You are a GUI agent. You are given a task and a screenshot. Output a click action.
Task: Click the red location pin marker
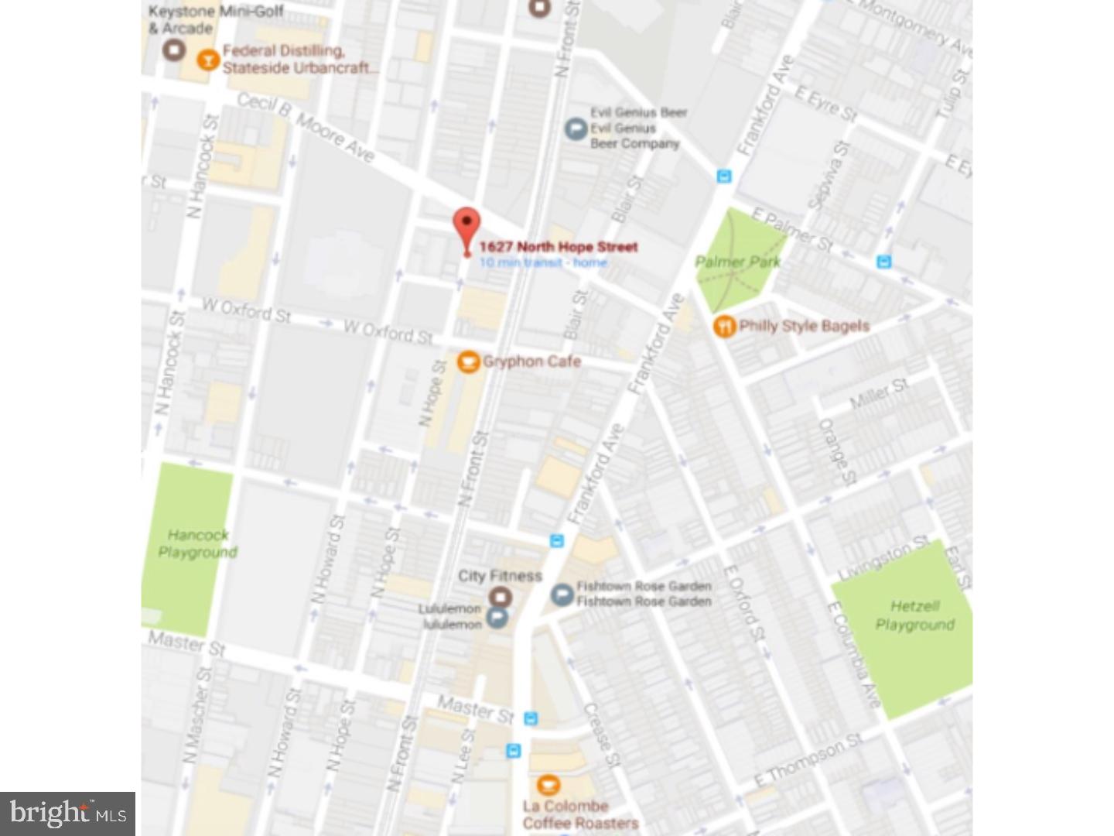[x=466, y=227]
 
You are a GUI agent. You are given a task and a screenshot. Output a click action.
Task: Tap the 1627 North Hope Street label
[x=558, y=247]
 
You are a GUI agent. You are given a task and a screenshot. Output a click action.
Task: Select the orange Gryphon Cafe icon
[x=467, y=361]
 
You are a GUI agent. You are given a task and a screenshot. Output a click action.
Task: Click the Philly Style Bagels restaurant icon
[x=724, y=326]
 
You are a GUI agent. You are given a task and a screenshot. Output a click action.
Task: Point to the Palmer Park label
[x=737, y=262]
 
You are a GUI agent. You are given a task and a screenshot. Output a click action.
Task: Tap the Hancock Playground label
[x=198, y=543]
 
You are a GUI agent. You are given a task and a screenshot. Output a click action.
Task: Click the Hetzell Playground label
[x=914, y=615]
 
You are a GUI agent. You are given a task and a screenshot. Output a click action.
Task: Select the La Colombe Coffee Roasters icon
[x=548, y=786]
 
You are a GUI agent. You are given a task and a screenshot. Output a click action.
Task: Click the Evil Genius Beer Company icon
[x=575, y=128]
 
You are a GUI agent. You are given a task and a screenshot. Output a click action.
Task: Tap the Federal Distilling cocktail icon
[x=207, y=60]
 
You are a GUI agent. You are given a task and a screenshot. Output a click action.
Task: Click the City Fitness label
[x=500, y=576]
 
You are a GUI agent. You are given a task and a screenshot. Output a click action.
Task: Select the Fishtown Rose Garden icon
[x=562, y=594]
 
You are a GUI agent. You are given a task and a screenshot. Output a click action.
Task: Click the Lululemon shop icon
[x=497, y=617]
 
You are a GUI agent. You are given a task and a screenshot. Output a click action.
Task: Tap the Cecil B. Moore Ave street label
[x=306, y=128]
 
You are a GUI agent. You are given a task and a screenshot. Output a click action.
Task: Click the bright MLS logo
[x=68, y=814]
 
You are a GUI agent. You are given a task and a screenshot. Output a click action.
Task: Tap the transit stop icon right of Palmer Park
[x=884, y=262]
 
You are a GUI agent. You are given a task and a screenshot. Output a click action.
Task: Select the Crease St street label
[x=601, y=735]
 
